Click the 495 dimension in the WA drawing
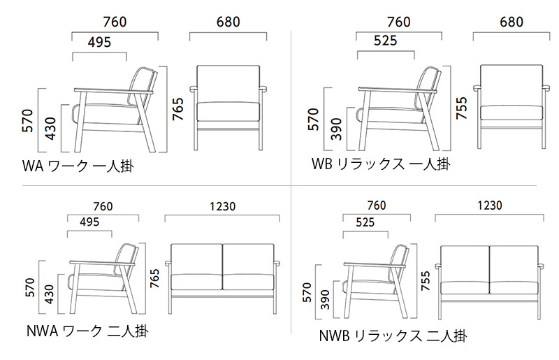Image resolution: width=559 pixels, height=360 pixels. (x=99, y=42)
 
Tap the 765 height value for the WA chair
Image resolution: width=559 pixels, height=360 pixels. (x=178, y=109)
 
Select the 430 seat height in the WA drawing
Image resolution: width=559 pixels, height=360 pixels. (x=50, y=129)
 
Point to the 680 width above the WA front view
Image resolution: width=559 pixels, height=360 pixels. (x=228, y=22)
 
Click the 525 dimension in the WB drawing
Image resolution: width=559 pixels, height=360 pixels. (x=386, y=41)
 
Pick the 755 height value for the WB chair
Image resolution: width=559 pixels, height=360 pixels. (x=461, y=108)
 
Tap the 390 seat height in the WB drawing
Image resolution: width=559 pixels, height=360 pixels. (x=336, y=129)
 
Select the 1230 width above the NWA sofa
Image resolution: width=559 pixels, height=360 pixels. (x=222, y=206)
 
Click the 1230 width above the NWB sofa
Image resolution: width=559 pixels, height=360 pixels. (x=490, y=205)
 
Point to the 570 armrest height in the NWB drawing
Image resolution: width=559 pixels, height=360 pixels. (x=307, y=292)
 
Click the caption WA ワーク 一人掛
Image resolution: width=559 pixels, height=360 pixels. (x=78, y=166)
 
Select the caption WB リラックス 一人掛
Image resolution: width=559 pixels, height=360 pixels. (x=381, y=164)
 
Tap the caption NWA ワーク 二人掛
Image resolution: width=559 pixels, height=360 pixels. (x=87, y=331)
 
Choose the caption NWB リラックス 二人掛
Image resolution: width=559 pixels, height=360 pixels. (x=393, y=336)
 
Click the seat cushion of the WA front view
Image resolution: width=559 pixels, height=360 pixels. (x=228, y=111)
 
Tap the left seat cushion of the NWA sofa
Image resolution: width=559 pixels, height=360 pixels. (x=197, y=282)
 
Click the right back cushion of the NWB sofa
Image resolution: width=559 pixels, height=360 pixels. (x=514, y=264)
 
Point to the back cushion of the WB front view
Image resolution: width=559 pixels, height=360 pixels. (x=511, y=85)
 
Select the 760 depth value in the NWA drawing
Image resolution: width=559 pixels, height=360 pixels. (x=103, y=206)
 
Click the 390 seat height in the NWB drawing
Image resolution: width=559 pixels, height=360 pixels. (x=325, y=300)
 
